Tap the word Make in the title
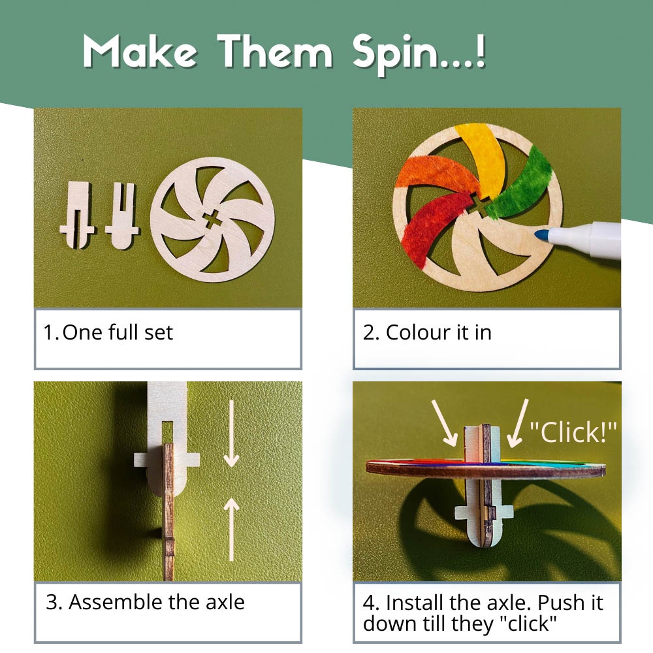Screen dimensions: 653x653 140,51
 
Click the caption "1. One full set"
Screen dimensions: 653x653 108,332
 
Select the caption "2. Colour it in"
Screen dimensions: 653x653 427,332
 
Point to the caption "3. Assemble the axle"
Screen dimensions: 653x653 145,602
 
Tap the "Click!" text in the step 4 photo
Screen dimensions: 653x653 573,432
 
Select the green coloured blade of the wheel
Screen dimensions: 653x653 520,187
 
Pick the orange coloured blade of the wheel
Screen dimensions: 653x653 438,175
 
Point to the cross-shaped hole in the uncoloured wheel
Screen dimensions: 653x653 212,219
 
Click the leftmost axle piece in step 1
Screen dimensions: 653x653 78,215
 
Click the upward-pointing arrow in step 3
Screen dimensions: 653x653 232,530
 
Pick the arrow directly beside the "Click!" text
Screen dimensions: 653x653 518,423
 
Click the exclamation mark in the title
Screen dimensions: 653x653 480,49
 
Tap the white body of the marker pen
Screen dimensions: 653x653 585,241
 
